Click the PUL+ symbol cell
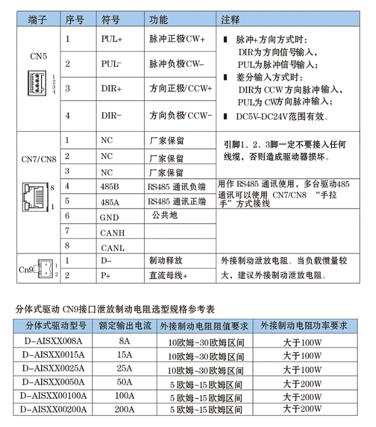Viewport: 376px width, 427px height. pyautogui.click(x=111, y=39)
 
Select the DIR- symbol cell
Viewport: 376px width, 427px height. pyautogui.click(x=111, y=115)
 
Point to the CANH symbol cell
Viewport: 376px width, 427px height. pyautogui.click(x=112, y=233)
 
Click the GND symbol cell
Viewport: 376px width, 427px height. pyautogui.click(x=110, y=217)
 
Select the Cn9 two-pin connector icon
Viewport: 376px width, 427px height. pyautogui.click(x=45, y=268)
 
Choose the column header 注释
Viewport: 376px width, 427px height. pyautogui.click(x=230, y=19)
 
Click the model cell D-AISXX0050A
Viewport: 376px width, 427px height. pyautogui.click(x=53, y=382)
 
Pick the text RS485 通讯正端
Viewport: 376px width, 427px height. pyautogui.click(x=176, y=201)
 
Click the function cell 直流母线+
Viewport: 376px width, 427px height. pyautogui.click(x=169, y=275)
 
